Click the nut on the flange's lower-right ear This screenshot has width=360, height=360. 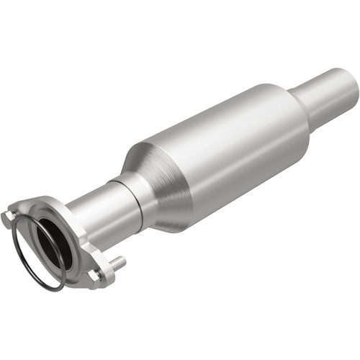coord(93,276)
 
